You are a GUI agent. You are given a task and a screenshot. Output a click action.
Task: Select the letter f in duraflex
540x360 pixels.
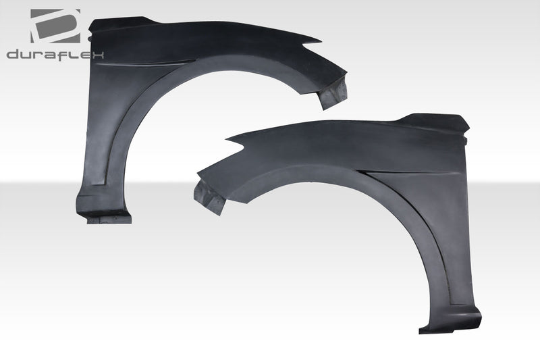[x=65, y=55]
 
